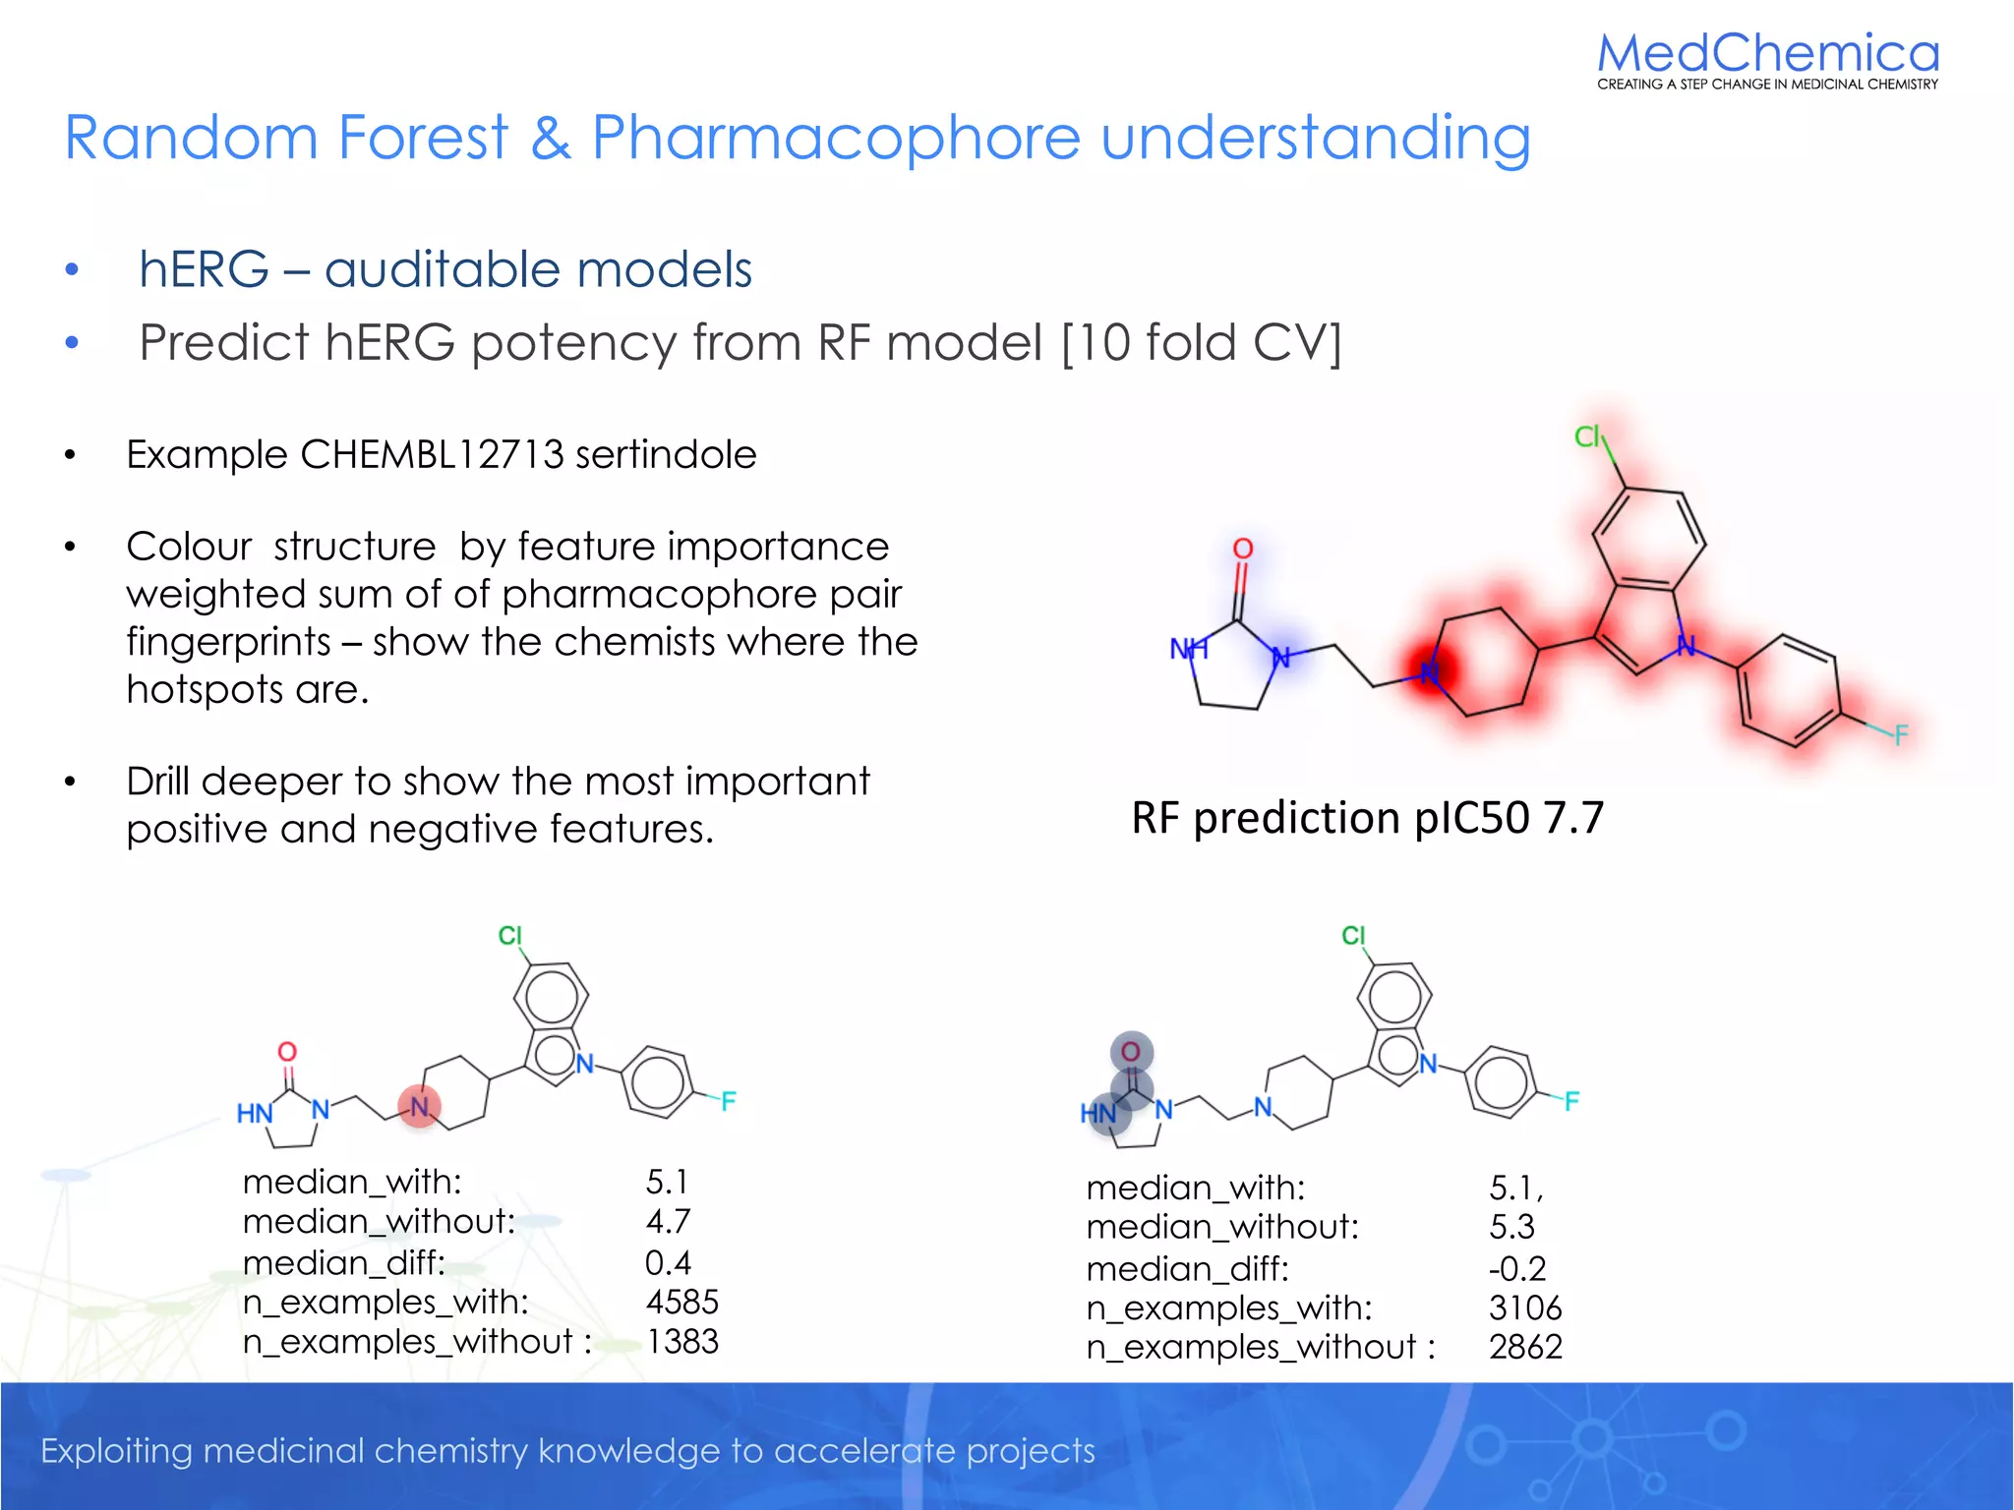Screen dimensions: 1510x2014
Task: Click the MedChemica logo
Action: pyautogui.click(x=1767, y=59)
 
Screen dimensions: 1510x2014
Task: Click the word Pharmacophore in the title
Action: pyautogui.click(x=835, y=138)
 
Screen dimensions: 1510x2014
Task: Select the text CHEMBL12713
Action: pyautogui.click(x=432, y=455)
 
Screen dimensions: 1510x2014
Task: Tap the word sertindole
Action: pyautogui.click(x=666, y=455)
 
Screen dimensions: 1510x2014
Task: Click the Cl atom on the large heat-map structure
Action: pyautogui.click(x=1587, y=436)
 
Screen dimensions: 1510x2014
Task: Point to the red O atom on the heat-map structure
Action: pyautogui.click(x=1243, y=549)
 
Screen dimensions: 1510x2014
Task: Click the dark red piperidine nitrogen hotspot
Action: pyautogui.click(x=1430, y=671)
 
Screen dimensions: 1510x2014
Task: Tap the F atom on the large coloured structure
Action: pyautogui.click(x=1900, y=734)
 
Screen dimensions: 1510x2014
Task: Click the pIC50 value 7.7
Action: pyautogui.click(x=1573, y=818)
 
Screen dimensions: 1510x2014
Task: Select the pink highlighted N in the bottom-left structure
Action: pyautogui.click(x=420, y=1107)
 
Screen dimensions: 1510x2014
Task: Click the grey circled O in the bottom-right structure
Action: pyautogui.click(x=1131, y=1052)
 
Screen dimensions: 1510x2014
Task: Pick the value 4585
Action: pyautogui.click(x=681, y=1302)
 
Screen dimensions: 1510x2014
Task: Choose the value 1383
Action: pyautogui.click(x=681, y=1342)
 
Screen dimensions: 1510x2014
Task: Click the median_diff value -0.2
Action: pyautogui.click(x=1516, y=1269)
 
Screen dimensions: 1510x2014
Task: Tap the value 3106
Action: pyautogui.click(x=1524, y=1308)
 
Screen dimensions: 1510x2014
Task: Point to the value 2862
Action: pyautogui.click(x=1524, y=1347)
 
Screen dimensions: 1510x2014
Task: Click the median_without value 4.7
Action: pyautogui.click(x=668, y=1222)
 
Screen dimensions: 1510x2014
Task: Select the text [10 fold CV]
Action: pyautogui.click(x=1201, y=343)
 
